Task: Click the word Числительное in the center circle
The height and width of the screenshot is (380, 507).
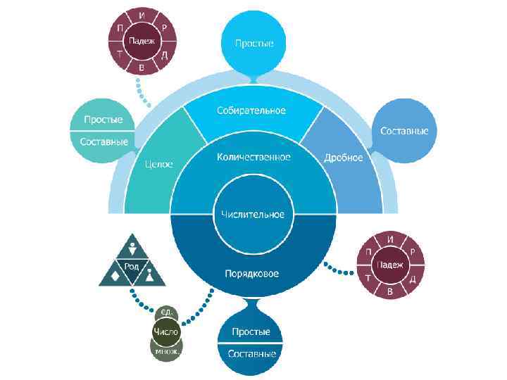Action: point(253,214)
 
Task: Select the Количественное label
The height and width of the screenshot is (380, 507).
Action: point(254,157)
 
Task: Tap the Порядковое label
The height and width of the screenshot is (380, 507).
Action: point(253,273)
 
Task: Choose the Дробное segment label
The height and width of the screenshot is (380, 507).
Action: point(344,157)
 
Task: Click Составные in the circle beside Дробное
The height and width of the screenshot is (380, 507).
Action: point(408,131)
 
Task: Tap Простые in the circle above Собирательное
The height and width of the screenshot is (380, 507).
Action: point(254,44)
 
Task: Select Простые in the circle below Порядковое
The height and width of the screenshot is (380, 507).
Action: point(251,331)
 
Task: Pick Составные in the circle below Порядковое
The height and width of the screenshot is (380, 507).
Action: point(251,353)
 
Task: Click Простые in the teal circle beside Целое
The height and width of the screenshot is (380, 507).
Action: point(104,120)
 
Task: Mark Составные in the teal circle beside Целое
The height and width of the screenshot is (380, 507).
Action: point(104,141)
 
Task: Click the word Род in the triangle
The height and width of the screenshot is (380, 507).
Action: point(132,265)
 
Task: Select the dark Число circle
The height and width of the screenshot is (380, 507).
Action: point(166,331)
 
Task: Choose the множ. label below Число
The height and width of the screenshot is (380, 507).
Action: point(166,349)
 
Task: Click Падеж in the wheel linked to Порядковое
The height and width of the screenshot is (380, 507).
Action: point(390,265)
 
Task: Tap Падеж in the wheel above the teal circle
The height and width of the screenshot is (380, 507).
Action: point(142,40)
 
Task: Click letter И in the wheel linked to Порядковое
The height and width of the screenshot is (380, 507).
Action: point(390,239)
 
